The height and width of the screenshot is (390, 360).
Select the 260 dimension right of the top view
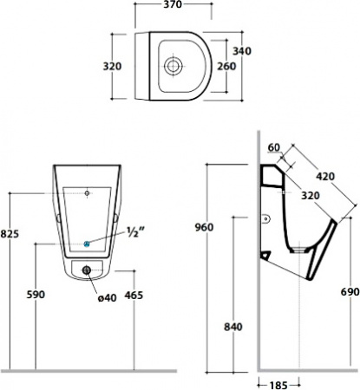click(x=226, y=65)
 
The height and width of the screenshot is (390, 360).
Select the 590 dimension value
click(x=36, y=295)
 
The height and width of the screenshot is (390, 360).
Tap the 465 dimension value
click(x=134, y=295)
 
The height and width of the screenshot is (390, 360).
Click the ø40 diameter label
click(x=108, y=298)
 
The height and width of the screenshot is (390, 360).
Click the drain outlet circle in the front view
click(x=87, y=270)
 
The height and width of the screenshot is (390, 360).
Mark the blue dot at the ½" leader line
click(x=87, y=243)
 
